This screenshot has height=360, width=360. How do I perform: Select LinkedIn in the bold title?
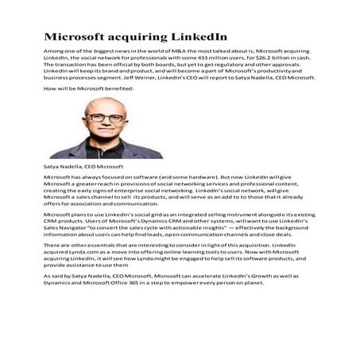coord(198,37)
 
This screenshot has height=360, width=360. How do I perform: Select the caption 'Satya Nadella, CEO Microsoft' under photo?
coord(83,167)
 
